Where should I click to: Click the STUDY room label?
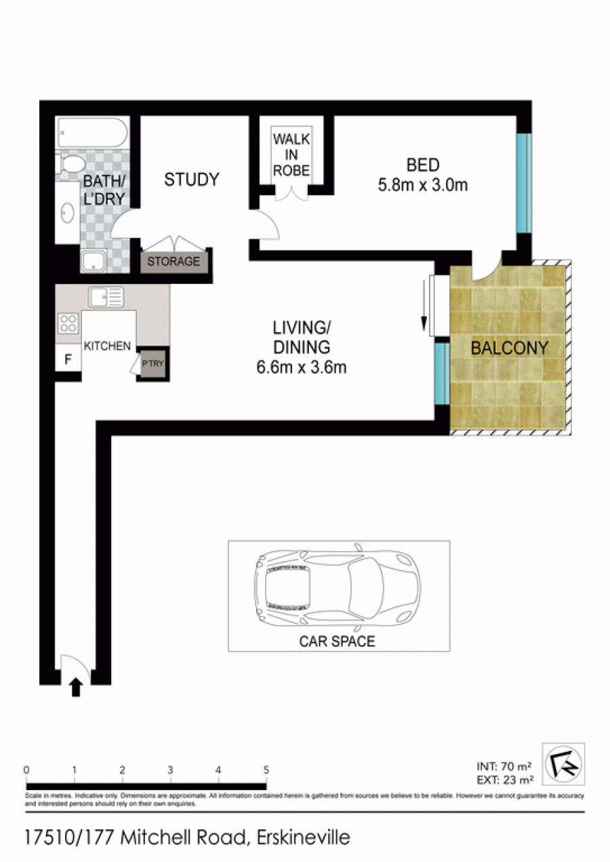click(x=192, y=180)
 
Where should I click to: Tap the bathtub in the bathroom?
click(x=92, y=132)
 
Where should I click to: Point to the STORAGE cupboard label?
click(x=174, y=262)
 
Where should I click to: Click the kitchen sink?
click(x=106, y=297)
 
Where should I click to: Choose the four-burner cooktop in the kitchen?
click(x=68, y=323)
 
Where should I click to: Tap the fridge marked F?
click(x=68, y=359)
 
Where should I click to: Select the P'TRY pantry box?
click(x=153, y=363)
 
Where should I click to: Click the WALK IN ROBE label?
click(x=291, y=155)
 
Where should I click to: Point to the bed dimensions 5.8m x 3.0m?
click(x=422, y=185)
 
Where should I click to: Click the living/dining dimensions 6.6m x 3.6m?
click(x=302, y=367)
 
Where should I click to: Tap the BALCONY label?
click(x=510, y=348)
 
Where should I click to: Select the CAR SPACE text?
click(x=337, y=641)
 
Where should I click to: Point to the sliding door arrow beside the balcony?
click(x=424, y=306)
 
